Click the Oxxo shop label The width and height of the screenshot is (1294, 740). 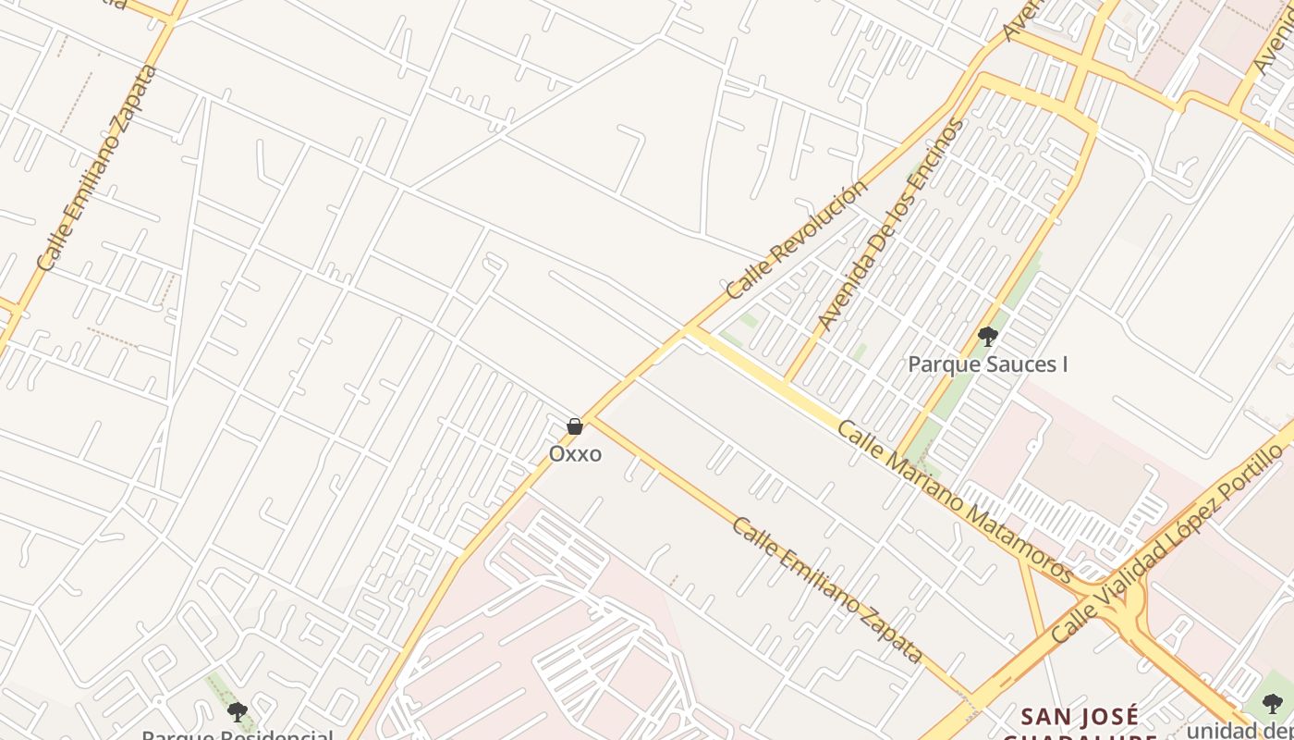pos(575,454)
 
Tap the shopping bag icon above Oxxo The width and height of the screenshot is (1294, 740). pos(575,426)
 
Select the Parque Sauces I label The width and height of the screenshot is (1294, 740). pos(987,364)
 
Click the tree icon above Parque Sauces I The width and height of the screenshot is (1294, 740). pos(987,337)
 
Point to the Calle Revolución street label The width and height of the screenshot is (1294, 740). pos(797,239)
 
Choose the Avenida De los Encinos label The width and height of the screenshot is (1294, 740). pos(891,225)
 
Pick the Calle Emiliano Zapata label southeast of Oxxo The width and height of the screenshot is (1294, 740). pos(827,590)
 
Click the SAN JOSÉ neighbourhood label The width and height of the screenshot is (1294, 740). pos(1080,716)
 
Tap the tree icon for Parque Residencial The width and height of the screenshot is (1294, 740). pos(238,711)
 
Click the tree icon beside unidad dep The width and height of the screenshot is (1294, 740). pos(1273,703)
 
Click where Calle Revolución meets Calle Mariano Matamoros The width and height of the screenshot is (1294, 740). pos(689,328)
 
